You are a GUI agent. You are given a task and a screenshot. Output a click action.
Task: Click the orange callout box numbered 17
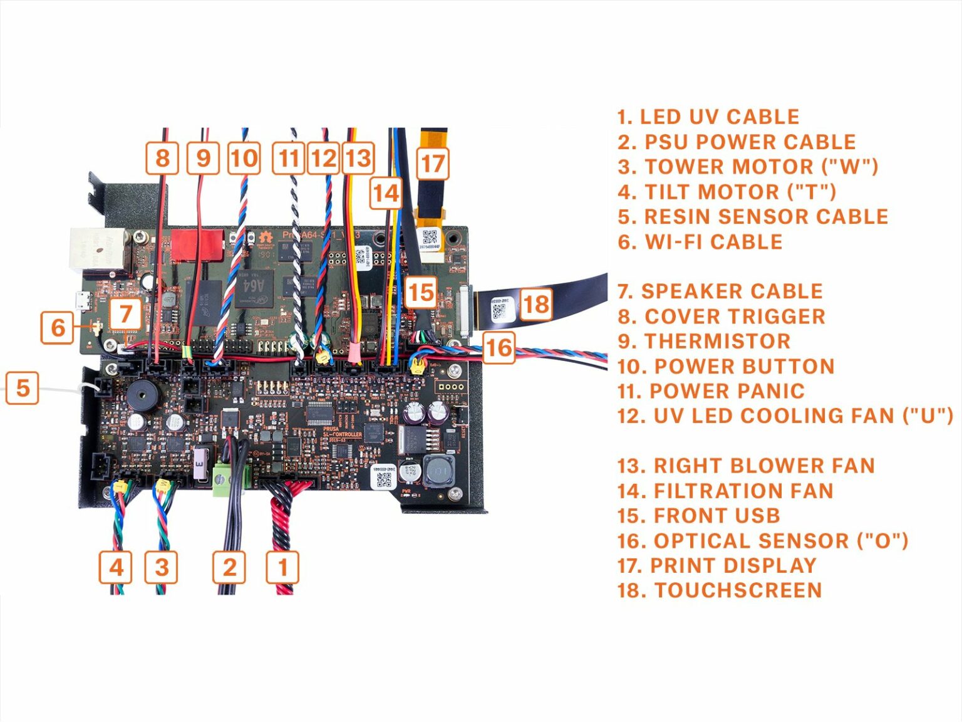pos(433,164)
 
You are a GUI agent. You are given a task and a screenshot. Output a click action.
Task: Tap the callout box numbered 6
pos(58,327)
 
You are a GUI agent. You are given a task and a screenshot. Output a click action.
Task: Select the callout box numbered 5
pos(23,388)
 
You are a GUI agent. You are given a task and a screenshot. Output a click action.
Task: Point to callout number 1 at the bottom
pos(283,568)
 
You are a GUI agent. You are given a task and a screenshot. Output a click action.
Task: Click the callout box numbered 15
pos(421,292)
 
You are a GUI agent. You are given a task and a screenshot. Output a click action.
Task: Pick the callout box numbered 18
pos(536,304)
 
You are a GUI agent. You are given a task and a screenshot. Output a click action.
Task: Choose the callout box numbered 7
pos(126,314)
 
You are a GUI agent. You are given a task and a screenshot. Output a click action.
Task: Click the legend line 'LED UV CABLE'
pos(708,117)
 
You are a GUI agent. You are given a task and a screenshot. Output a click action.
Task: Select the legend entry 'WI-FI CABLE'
pos(700,242)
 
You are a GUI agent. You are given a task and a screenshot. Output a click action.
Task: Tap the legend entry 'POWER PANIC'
pos(711,391)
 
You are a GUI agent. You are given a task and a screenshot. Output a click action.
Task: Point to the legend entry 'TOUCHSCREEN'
pos(719,590)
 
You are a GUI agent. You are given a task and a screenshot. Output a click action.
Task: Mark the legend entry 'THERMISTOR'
pos(704,342)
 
